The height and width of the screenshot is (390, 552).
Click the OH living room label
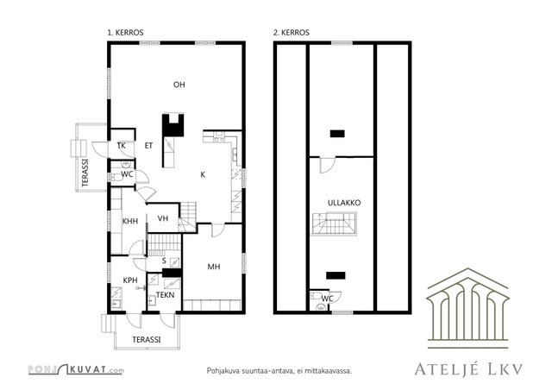pos(179,85)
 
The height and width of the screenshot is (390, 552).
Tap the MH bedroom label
pos(214,267)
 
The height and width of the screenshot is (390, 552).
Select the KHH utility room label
pos(130,221)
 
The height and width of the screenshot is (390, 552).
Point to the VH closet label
pos(163,218)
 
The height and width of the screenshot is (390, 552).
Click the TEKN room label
pos(165,295)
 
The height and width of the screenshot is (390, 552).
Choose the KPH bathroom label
pos(130,280)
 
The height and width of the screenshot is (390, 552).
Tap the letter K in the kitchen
pos(203,174)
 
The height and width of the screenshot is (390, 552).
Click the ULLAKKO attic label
pos(344,203)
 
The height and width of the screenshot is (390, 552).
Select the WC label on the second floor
pos(328,299)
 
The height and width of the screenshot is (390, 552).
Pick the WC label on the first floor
pos(127,173)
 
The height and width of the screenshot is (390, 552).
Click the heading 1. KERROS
pos(125,33)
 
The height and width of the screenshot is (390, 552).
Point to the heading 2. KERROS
pos(292,33)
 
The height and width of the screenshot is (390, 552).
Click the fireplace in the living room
pos(172,125)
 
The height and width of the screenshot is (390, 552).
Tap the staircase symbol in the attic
pos(334,223)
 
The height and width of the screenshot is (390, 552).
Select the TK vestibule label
pos(121,146)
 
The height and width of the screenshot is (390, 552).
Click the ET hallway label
pos(148,146)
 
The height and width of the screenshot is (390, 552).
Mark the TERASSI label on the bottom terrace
pos(147,340)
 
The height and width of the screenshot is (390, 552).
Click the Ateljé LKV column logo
pos(467,308)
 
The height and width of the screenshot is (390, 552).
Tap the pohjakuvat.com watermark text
pos(76,369)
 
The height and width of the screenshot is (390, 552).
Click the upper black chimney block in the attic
pos(337,134)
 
